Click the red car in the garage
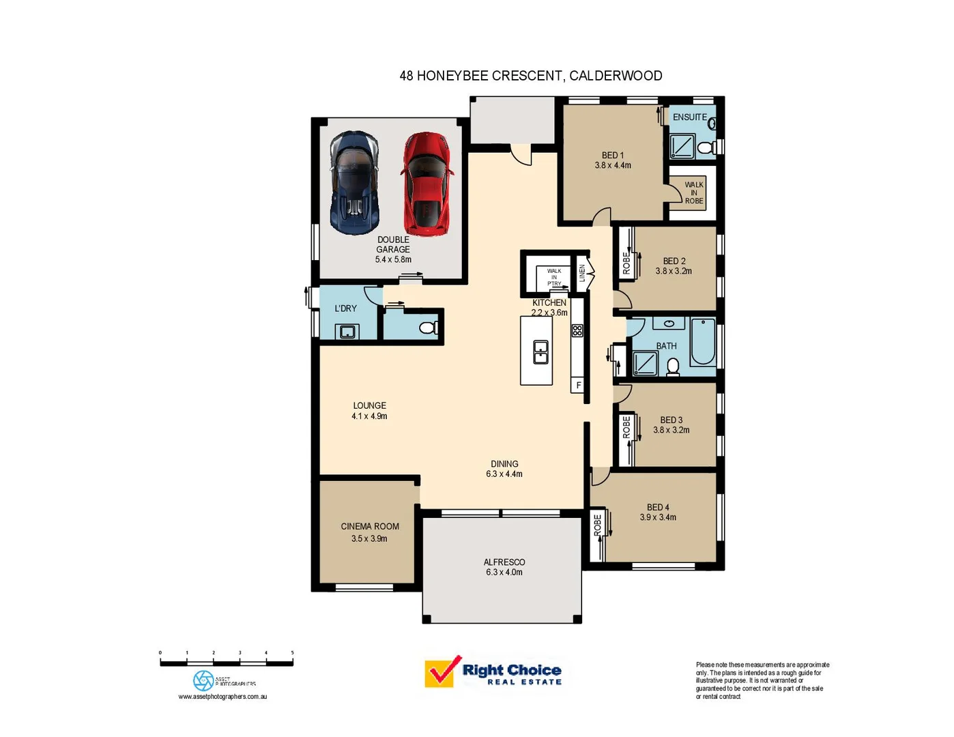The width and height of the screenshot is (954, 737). pos(427,184)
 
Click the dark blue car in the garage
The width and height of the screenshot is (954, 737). pos(354,183)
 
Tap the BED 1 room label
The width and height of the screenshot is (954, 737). pos(612,156)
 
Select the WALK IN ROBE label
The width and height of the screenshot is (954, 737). pos(693,192)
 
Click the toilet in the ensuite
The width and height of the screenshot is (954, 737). pos(707,147)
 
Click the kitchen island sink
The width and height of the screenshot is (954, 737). pos(540,352)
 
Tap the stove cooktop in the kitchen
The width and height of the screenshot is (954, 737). pos(577,331)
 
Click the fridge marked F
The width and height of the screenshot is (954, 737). pos(578,386)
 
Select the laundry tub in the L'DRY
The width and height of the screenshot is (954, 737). pos(347,332)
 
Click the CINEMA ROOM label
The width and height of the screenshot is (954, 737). pos(370,526)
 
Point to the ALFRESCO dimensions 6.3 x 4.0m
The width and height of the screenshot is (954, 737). pos(504,573)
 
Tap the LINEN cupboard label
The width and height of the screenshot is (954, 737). pos(582,273)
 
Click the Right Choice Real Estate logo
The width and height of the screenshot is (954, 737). pos(493,673)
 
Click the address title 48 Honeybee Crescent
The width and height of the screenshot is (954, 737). pos(530,76)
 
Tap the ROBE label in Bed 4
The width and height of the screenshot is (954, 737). pos(598,525)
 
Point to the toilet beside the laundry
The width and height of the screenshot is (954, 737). pos(428,328)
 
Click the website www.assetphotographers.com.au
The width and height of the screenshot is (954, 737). pos(222,697)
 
